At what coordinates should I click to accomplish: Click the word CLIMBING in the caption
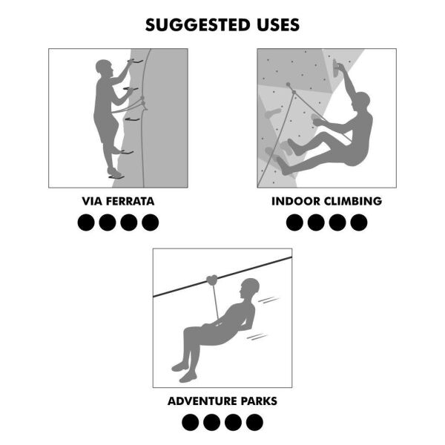(x=353, y=201)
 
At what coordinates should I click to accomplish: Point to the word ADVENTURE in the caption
(x=201, y=401)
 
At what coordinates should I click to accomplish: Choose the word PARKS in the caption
(x=257, y=401)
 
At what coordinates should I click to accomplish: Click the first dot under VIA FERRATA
(x=86, y=222)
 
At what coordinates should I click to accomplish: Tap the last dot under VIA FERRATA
(x=151, y=222)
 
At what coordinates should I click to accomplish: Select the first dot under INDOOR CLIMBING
(x=294, y=222)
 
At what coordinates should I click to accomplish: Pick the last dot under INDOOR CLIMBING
(x=359, y=222)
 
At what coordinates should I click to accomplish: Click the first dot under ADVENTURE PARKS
(x=191, y=422)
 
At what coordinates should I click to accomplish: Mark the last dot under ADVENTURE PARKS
(x=254, y=422)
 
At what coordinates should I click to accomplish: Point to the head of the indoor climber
(x=361, y=100)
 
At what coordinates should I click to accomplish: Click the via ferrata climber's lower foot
(x=113, y=174)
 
